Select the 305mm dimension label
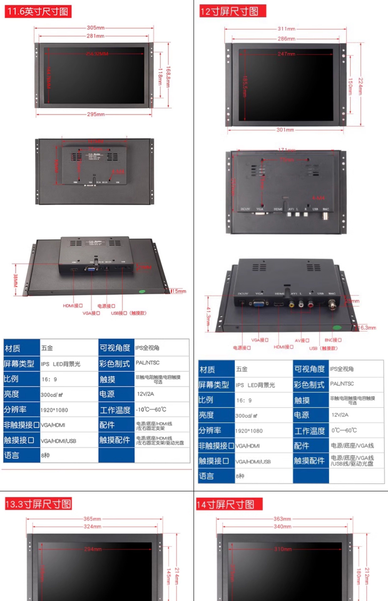[95, 28]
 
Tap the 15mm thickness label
[179, 291]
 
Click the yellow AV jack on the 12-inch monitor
[291, 305]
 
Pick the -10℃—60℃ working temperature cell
[151, 409]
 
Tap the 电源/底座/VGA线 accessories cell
[352, 446]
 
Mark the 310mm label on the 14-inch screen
[283, 549]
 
